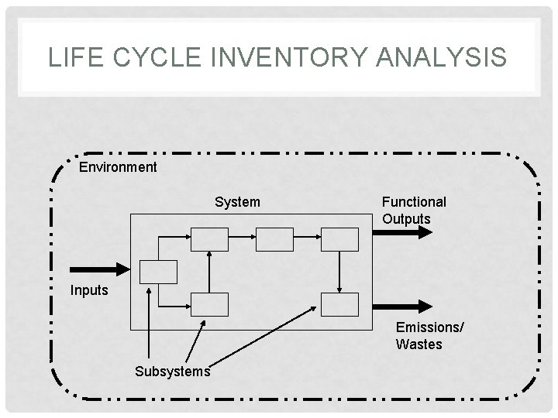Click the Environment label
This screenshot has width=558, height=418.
pos(118,167)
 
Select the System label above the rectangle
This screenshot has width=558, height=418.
pos(237,202)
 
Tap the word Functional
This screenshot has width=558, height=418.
pos(414,202)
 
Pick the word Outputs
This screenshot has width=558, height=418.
pos(406,218)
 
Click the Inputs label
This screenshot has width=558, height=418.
pos(89,291)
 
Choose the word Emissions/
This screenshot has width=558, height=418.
pos(430,327)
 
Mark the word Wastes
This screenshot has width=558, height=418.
pos(419,344)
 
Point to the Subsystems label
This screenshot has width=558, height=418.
pos(172,371)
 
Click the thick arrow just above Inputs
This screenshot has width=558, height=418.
pos(102,269)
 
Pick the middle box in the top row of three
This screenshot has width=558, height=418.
pos(275,240)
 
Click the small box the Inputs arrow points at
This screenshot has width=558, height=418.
pos(158,271)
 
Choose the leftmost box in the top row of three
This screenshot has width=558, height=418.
pos(210,240)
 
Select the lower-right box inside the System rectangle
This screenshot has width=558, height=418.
pos(340,305)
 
